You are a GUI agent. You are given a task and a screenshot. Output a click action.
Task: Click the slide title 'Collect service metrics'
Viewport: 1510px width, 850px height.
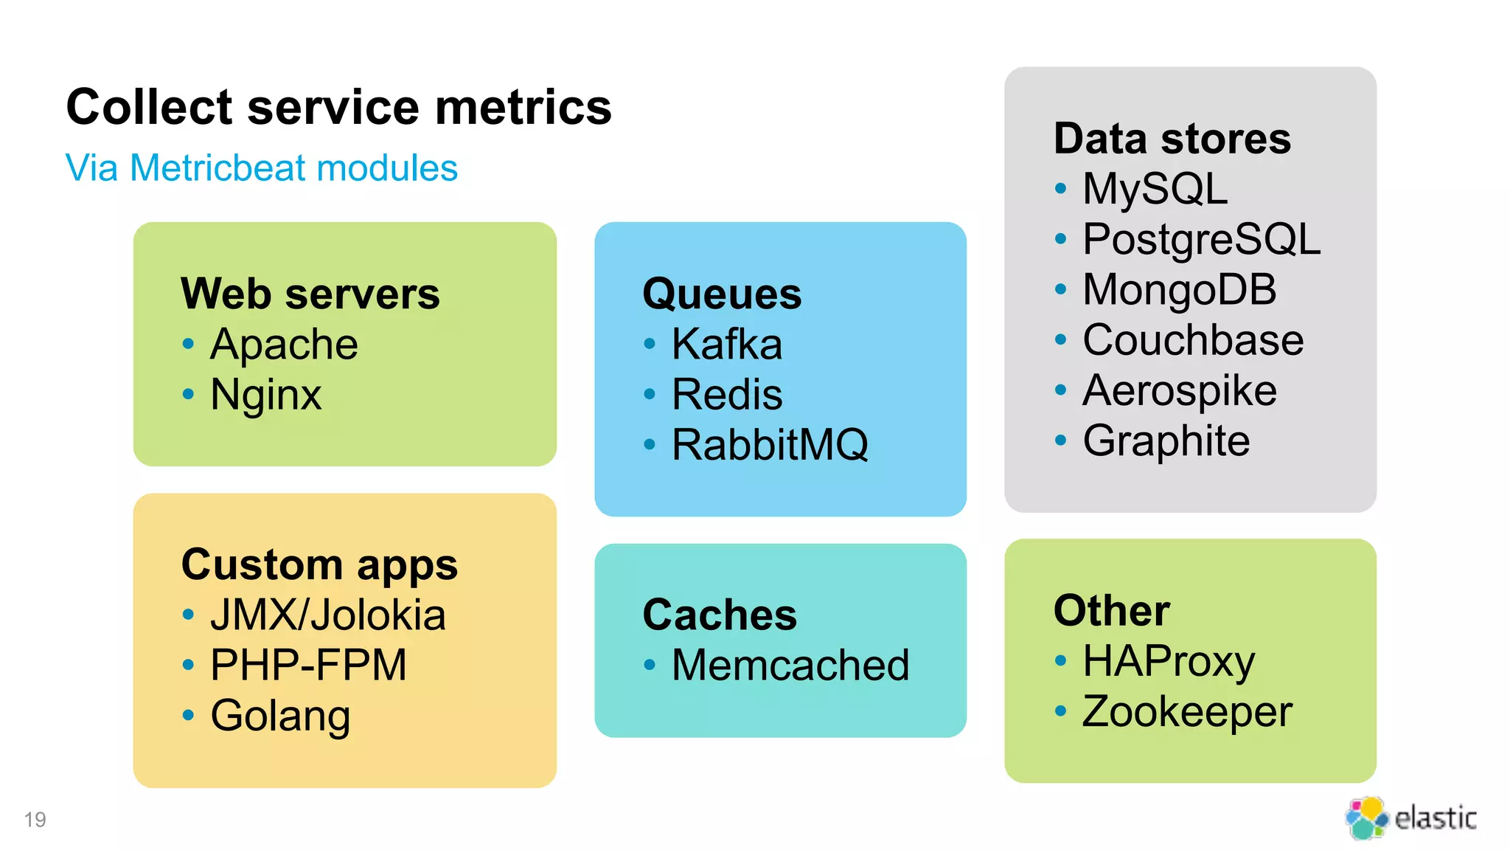coord(338,107)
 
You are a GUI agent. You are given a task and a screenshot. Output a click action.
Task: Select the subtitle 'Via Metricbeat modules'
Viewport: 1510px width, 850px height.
coord(261,168)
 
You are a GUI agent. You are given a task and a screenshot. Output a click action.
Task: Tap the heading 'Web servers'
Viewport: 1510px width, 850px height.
coord(310,294)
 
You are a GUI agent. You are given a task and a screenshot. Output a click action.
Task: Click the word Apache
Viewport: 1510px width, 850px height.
coord(284,345)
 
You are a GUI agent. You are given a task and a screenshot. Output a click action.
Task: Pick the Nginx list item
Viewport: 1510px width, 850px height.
coord(265,395)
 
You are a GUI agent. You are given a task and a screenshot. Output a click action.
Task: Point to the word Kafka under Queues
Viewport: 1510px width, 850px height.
coord(726,345)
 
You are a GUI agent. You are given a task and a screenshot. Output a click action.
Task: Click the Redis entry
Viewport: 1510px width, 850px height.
coord(726,395)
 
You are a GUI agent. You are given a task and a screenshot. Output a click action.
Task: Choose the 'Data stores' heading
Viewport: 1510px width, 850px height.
coord(1172,139)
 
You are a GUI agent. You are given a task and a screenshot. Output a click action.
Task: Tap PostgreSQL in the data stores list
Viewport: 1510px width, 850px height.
coord(1201,240)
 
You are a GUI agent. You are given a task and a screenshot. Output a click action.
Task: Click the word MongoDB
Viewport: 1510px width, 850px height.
coord(1179,290)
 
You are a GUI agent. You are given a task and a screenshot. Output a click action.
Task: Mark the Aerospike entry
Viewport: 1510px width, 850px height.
coord(1179,390)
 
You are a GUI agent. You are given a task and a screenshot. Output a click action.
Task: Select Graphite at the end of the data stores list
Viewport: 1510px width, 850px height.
coord(1166,441)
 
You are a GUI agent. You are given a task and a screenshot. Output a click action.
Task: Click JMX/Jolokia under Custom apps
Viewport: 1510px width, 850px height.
coord(327,615)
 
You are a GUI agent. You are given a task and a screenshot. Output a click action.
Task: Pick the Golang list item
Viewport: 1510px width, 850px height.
coord(280,716)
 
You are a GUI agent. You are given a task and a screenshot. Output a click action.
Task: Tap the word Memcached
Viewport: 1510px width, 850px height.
coord(790,666)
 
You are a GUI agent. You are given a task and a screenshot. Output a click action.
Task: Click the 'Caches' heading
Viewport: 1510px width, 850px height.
coord(720,615)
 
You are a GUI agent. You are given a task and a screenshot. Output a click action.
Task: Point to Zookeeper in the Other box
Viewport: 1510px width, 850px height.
coord(1187,712)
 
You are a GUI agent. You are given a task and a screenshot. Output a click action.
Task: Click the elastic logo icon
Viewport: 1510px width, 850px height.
coord(1366,818)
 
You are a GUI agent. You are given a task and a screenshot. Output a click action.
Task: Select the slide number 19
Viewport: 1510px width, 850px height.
coord(35,820)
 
